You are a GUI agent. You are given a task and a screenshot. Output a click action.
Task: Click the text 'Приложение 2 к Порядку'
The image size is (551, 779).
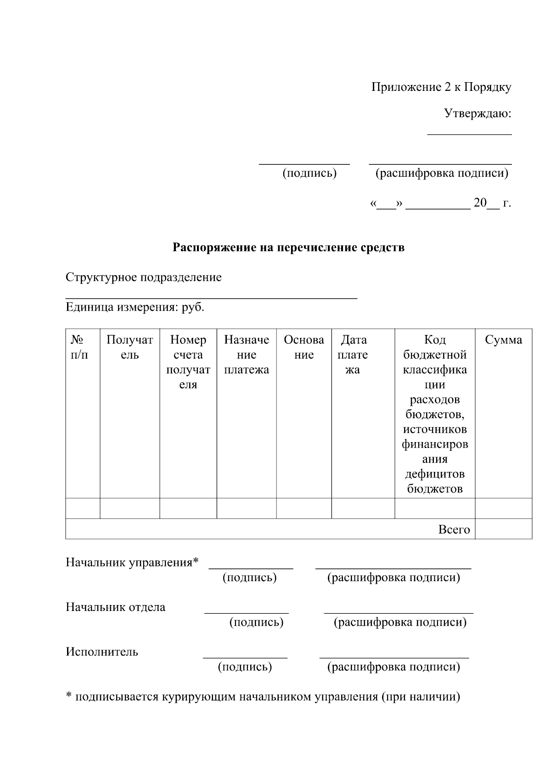click(441, 87)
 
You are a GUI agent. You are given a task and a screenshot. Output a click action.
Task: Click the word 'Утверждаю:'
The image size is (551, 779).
click(478, 113)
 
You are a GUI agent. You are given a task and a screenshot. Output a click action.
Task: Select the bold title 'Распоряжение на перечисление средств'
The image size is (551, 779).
click(288, 248)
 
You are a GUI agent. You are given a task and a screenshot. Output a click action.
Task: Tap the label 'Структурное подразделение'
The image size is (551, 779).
click(143, 277)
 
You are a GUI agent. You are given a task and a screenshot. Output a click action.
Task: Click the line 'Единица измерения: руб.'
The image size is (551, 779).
click(135, 307)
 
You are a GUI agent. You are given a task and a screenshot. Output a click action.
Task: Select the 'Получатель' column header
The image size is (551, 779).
click(129, 347)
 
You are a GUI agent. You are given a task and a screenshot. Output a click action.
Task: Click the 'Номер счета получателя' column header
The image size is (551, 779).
click(188, 362)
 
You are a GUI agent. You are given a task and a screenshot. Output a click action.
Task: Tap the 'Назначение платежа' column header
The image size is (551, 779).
click(246, 354)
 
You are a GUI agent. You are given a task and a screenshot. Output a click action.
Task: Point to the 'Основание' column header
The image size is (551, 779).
click(304, 347)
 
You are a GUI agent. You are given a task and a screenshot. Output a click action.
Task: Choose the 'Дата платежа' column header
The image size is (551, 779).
click(353, 354)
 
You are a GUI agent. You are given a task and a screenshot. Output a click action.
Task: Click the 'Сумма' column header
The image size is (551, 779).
click(503, 340)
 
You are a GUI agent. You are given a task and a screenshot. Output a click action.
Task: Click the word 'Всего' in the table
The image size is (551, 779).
click(454, 529)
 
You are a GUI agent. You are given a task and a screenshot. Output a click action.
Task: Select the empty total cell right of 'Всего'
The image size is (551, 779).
click(503, 529)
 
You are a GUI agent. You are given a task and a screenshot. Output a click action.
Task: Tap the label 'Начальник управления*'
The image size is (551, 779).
click(132, 562)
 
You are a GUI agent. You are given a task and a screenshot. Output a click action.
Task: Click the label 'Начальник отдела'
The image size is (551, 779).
click(115, 607)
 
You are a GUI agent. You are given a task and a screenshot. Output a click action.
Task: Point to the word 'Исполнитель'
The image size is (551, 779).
click(101, 652)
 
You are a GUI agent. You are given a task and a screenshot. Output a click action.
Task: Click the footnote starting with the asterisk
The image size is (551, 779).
click(263, 697)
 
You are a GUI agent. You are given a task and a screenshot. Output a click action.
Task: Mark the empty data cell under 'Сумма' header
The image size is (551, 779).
click(503, 508)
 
